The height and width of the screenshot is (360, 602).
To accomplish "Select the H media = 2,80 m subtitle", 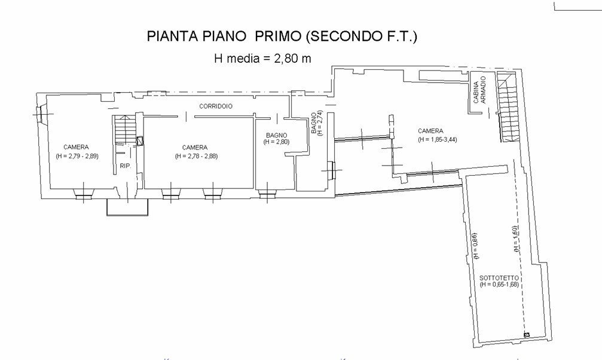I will coord(262,59).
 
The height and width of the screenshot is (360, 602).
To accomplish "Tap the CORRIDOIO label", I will coord(216,106).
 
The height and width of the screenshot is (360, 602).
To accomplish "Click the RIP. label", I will coord(125,166).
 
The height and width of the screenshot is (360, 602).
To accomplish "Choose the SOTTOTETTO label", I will coord(499,279).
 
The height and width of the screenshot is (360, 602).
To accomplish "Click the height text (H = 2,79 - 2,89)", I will coord(77,156).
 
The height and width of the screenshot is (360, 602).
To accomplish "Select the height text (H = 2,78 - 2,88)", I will coord(195,156).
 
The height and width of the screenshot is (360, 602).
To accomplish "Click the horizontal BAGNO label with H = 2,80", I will coord(277,139).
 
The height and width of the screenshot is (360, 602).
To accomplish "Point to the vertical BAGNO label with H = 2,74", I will coord(317,124).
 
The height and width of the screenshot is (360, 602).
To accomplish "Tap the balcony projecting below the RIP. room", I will coord(127,207).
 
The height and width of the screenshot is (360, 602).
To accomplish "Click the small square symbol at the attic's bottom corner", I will coord(527,335).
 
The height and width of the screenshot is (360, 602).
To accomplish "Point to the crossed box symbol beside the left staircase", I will coord(140,142).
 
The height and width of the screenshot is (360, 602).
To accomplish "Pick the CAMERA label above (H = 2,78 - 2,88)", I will coord(195,148).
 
